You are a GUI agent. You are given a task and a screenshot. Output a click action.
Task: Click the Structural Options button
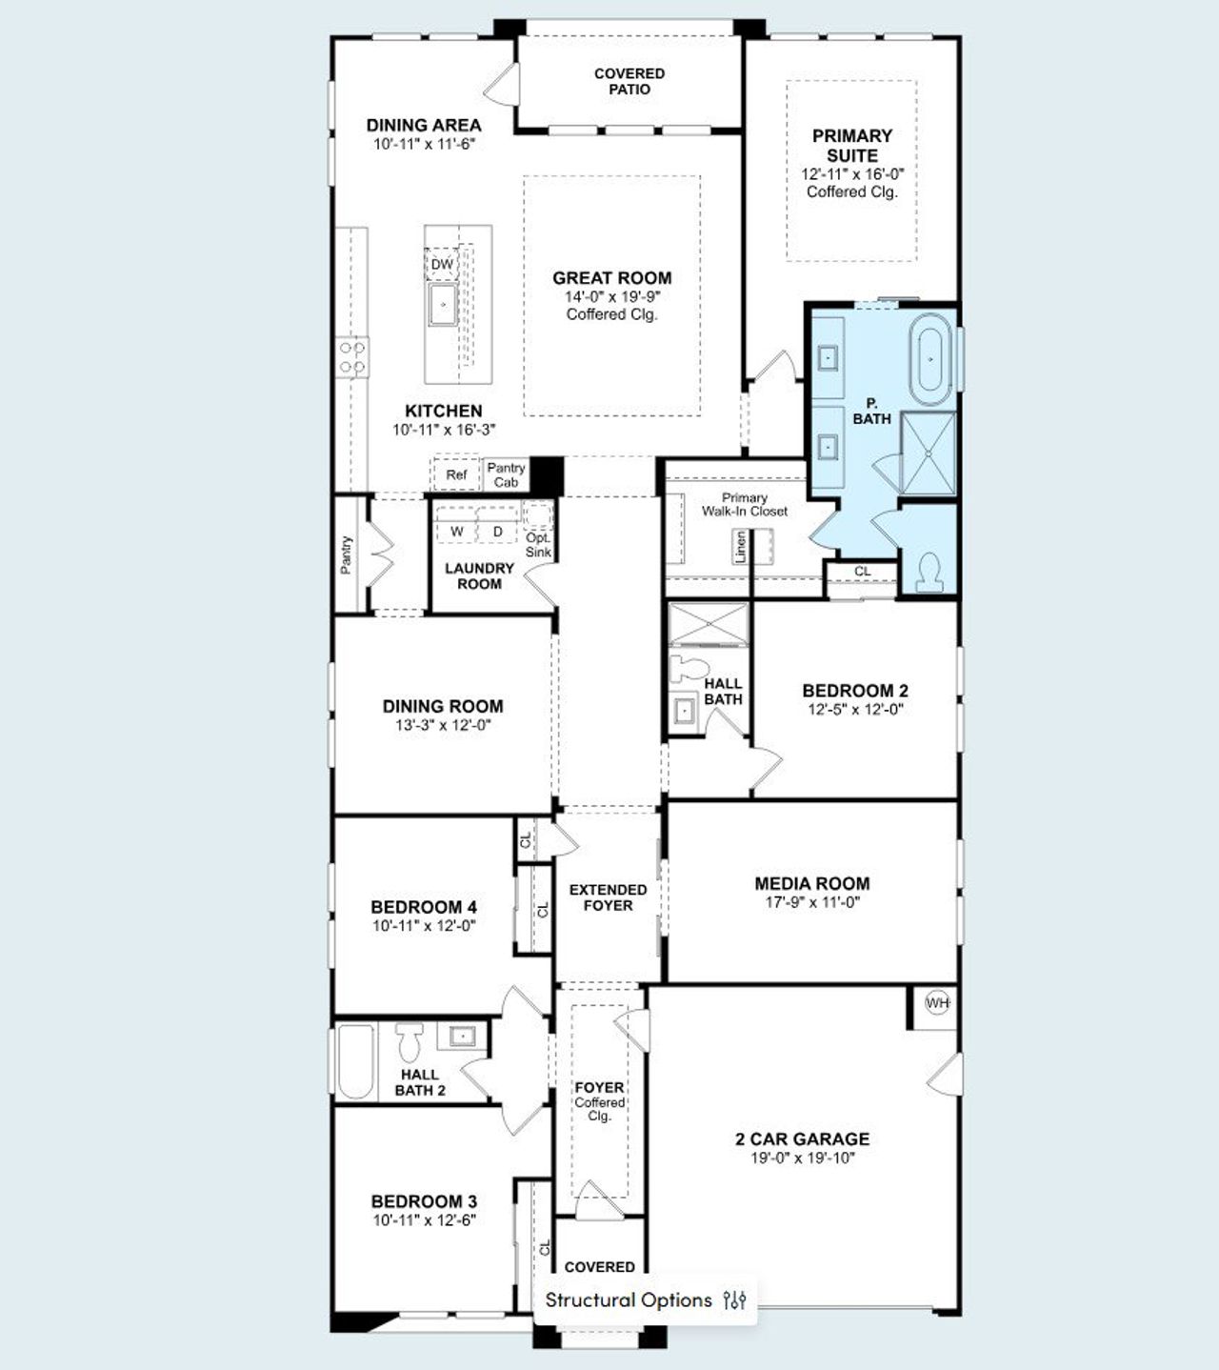pyautogui.click(x=646, y=1300)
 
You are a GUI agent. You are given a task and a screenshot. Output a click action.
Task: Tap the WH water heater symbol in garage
pyautogui.click(x=937, y=1003)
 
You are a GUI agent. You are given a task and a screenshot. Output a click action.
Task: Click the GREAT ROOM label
pyautogui.click(x=611, y=278)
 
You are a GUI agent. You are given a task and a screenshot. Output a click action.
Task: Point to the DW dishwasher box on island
pyautogui.click(x=442, y=264)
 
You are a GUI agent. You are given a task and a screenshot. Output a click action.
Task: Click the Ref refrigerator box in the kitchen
pyautogui.click(x=456, y=474)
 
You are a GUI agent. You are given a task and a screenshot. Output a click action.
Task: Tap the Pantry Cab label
pyautogui.click(x=506, y=474)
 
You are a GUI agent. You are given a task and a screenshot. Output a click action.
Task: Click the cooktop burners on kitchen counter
pyautogui.click(x=352, y=358)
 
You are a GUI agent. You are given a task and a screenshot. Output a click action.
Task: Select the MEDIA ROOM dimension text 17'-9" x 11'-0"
pyautogui.click(x=811, y=901)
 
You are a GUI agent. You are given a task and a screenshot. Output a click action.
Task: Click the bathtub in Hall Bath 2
pyautogui.click(x=356, y=1061)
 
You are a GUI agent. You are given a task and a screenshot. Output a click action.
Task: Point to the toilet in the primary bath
pyautogui.click(x=929, y=572)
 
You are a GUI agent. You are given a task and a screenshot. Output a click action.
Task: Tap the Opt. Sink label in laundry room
pyautogui.click(x=538, y=544)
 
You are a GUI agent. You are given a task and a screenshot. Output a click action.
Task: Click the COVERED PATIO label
pyautogui.click(x=629, y=81)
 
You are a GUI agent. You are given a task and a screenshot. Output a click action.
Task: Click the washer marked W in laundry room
pyautogui.click(x=456, y=531)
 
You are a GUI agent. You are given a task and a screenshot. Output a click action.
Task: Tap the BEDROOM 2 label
pyautogui.click(x=854, y=691)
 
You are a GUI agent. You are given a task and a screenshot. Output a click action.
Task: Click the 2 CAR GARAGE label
pyautogui.click(x=802, y=1138)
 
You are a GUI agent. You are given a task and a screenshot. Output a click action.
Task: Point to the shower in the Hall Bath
pyautogui.click(x=709, y=624)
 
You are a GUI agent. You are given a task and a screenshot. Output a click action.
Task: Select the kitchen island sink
pyautogui.click(x=443, y=305)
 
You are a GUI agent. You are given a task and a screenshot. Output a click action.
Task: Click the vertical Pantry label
pyautogui.click(x=346, y=554)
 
